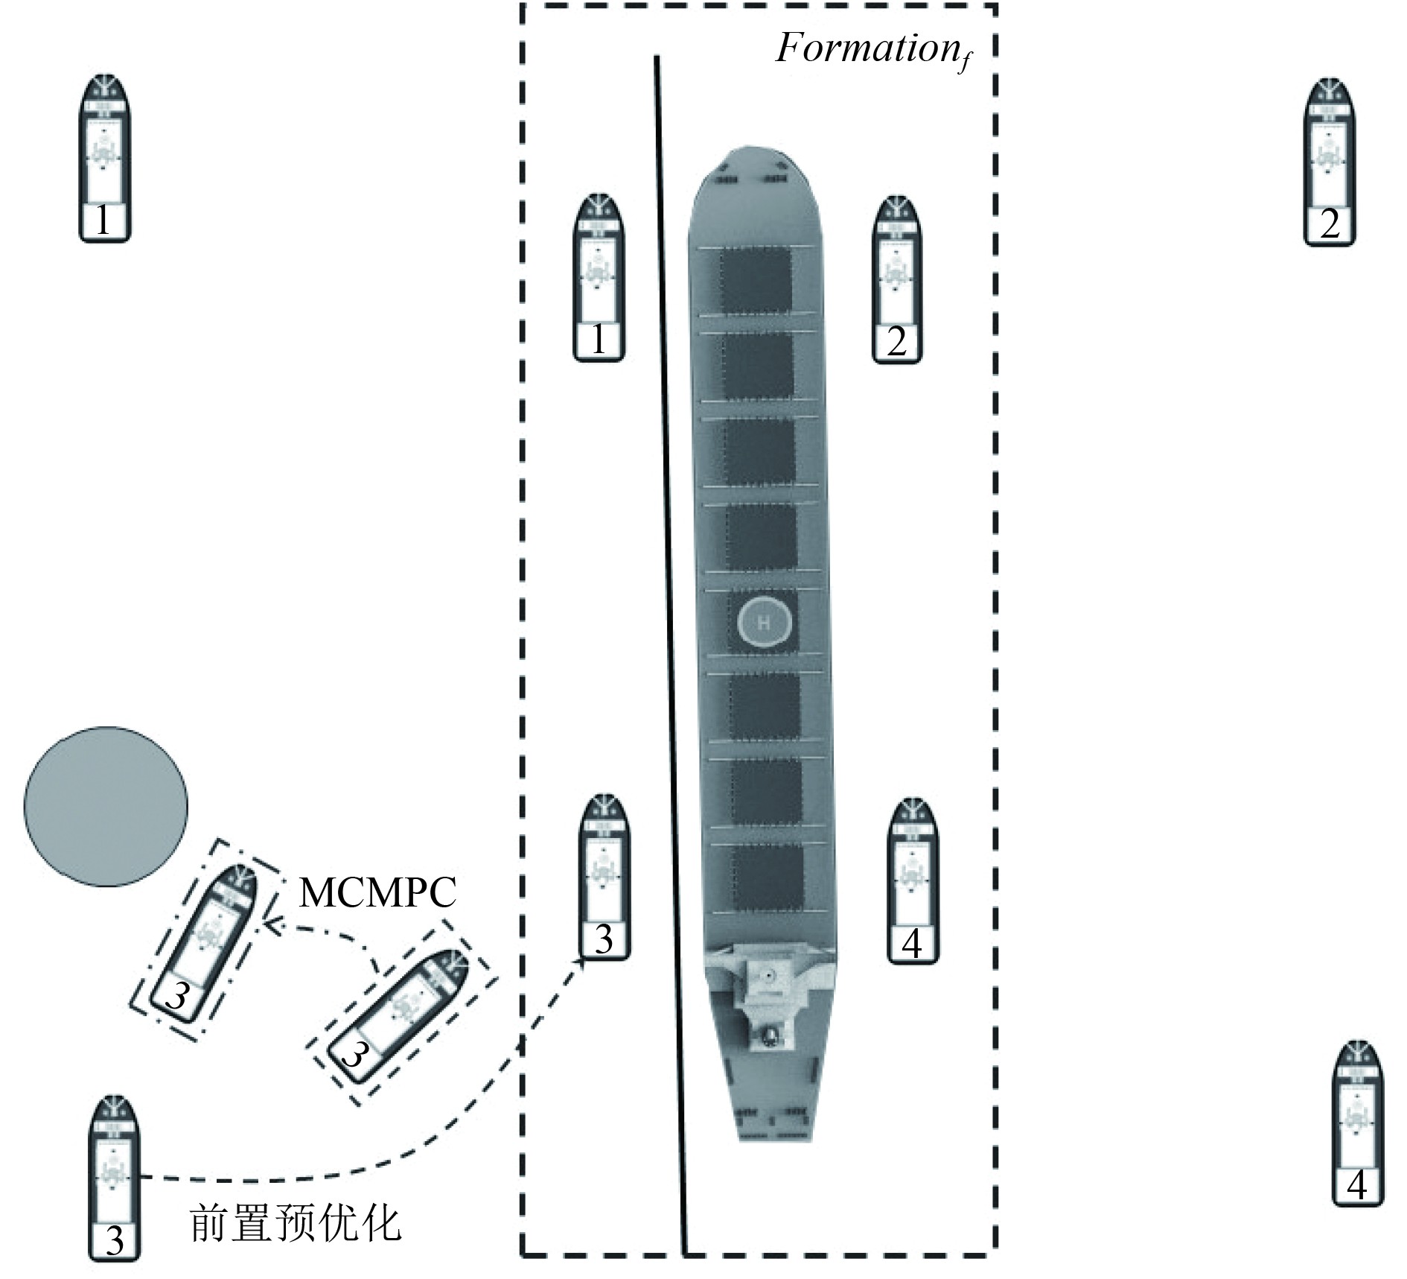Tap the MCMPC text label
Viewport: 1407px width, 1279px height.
(377, 892)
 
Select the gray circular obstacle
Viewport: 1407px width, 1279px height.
(106, 806)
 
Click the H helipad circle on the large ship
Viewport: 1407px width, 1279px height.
(764, 623)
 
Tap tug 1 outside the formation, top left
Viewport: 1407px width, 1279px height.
(105, 159)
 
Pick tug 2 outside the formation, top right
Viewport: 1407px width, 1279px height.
(1330, 162)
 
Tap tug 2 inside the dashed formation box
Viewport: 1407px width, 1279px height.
(896, 279)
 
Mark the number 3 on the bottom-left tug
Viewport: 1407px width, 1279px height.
(115, 1240)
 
